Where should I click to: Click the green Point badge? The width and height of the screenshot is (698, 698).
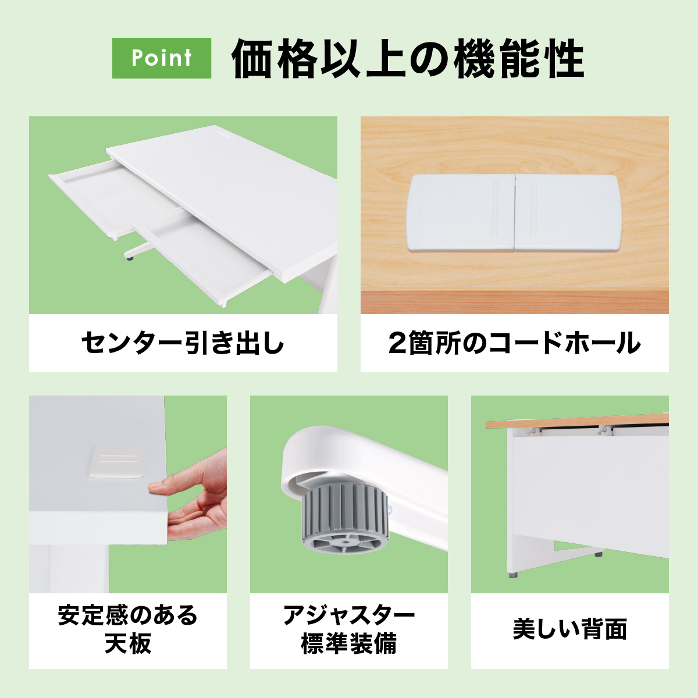coord(162,58)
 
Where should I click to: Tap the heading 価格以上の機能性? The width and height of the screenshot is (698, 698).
coord(408,59)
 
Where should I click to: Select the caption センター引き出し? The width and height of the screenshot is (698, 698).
coord(183,343)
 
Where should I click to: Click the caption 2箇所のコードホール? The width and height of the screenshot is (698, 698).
coord(514,343)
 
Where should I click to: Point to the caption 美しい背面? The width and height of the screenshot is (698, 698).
coord(570,630)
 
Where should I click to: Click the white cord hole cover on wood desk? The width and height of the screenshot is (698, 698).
coord(514,213)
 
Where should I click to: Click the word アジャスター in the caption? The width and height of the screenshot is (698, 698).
coord(349,615)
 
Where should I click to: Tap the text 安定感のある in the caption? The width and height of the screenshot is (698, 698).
coord(128,615)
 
